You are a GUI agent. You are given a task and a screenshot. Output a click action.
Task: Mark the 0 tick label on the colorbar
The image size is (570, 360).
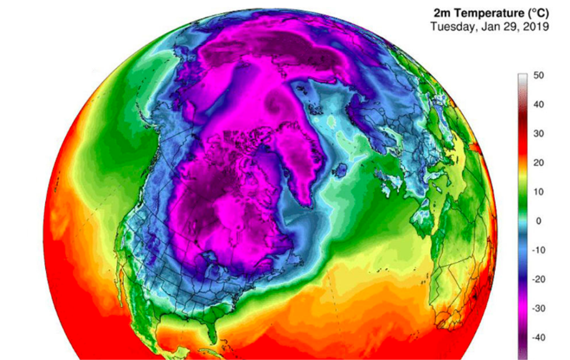[538, 221]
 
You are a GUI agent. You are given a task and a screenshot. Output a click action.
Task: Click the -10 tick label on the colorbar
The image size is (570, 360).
[539, 250]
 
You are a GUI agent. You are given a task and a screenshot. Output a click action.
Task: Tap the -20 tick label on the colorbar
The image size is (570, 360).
[539, 279]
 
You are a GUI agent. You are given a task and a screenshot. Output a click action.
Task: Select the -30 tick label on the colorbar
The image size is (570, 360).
[539, 308]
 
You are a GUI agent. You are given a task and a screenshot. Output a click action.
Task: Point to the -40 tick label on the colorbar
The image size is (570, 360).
[539, 337]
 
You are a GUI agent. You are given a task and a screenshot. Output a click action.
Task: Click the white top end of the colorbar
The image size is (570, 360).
[522, 77]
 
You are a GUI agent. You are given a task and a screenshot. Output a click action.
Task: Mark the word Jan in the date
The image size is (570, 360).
[487, 27]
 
